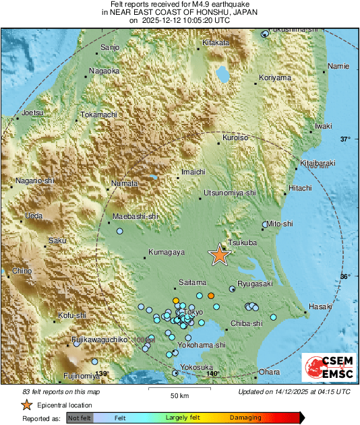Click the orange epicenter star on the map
(x=219, y=255)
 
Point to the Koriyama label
(x=276, y=77)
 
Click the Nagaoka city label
(x=104, y=70)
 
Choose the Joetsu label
(x=32, y=112)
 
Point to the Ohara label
(x=270, y=372)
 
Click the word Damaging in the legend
(x=245, y=418)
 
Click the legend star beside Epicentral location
(x=26, y=405)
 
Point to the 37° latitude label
(x=345, y=139)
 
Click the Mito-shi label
(x=280, y=223)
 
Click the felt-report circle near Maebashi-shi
(x=121, y=231)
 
